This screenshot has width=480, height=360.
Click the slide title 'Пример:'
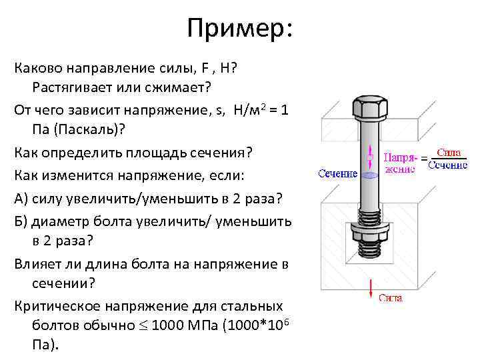(x=239, y=29)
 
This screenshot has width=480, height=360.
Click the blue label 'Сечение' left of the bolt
(x=337, y=174)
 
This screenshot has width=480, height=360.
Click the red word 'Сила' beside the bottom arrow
(x=390, y=298)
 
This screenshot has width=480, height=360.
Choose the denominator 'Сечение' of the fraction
(x=447, y=165)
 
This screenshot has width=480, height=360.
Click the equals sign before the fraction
(x=423, y=159)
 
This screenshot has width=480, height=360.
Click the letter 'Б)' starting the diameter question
(x=21, y=221)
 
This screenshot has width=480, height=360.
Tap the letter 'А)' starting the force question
(x=21, y=198)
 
